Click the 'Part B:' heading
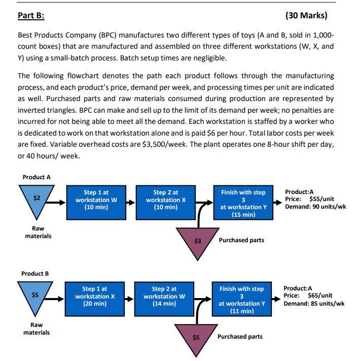(31, 15)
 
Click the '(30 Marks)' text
(306, 15)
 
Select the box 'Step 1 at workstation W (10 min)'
(96, 200)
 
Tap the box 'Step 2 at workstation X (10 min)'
(165, 200)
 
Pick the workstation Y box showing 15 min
(243, 203)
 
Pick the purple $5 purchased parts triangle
(196, 335)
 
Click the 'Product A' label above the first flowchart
(37, 177)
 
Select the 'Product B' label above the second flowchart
(35, 273)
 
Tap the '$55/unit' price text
(321, 199)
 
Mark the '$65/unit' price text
(320, 296)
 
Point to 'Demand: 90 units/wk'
(315, 207)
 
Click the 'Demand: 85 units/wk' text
(314, 303)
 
